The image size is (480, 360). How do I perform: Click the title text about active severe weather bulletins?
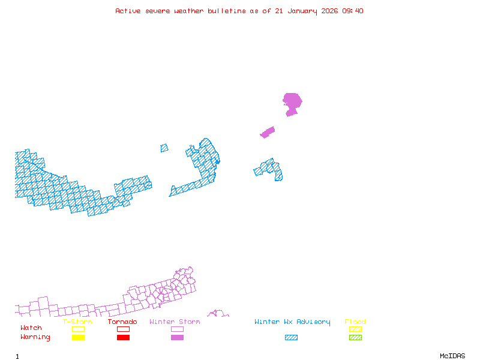click(239, 11)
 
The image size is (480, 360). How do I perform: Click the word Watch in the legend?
click(31, 328)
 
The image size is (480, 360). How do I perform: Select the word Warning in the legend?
click(35, 337)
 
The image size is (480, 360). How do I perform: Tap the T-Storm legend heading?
click(77, 322)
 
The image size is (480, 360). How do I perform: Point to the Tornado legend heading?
click(122, 322)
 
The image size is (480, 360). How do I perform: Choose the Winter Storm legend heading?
click(175, 322)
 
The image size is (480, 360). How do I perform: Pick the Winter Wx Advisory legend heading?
click(292, 322)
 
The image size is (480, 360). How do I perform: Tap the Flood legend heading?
click(355, 322)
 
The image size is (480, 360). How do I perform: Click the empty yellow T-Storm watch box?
click(78, 329)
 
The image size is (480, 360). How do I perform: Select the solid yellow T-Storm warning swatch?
click(78, 337)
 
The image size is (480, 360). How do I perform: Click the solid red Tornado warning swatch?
click(124, 337)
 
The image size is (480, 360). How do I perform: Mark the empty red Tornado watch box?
click(124, 329)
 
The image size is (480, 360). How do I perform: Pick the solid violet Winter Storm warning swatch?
click(177, 337)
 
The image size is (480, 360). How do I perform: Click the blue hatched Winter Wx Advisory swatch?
click(291, 337)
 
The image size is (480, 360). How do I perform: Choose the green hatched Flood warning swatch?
click(355, 337)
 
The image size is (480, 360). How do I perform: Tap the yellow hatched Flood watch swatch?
click(355, 329)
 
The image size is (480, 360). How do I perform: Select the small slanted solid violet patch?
click(268, 132)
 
